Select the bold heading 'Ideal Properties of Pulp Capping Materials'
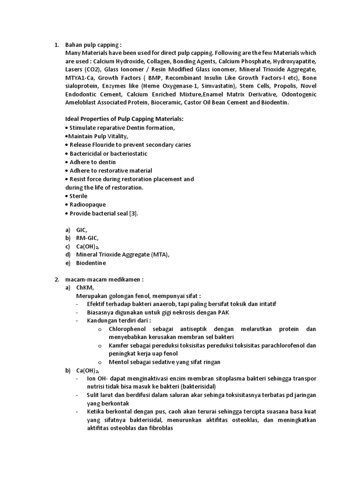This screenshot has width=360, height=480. pyautogui.click(x=124, y=119)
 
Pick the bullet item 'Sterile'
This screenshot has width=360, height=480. pyautogui.click(x=78, y=196)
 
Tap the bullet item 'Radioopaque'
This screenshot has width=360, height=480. pyautogui.click(x=88, y=204)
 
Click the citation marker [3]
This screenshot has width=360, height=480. pyautogui.click(x=133, y=213)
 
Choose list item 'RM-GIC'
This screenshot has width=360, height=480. pyautogui.click(x=87, y=238)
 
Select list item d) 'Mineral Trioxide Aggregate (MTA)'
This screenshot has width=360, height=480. pyautogui.click(x=122, y=255)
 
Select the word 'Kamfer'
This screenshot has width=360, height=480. pyautogui.click(x=120, y=345)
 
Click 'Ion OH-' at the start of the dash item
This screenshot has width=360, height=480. pyautogui.click(x=98, y=378)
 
